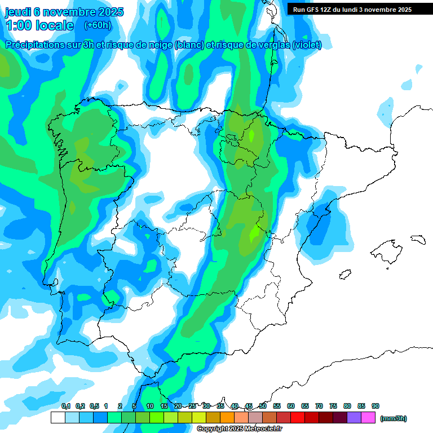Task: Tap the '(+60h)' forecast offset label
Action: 98,25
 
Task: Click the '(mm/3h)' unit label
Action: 394,418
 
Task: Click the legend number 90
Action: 375,406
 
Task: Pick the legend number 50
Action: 263,406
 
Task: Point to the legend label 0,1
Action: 66,406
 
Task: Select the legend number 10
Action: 150,406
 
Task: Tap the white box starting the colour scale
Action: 58,418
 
